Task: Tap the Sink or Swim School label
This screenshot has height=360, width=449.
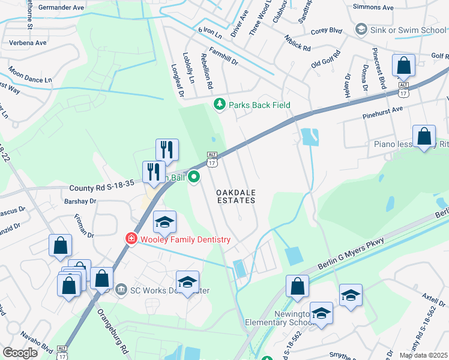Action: point(401,29)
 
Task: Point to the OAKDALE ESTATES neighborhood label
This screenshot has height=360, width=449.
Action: point(235,196)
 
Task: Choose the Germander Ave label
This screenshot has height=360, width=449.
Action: point(62,8)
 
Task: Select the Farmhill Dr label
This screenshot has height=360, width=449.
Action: point(224,58)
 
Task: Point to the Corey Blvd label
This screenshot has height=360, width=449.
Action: point(327,29)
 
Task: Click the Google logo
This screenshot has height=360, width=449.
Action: point(20,352)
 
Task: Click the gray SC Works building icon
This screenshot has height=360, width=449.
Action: point(121,290)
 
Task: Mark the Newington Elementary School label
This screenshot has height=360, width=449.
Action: point(277,318)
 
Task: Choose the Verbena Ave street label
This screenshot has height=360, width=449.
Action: point(28,43)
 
